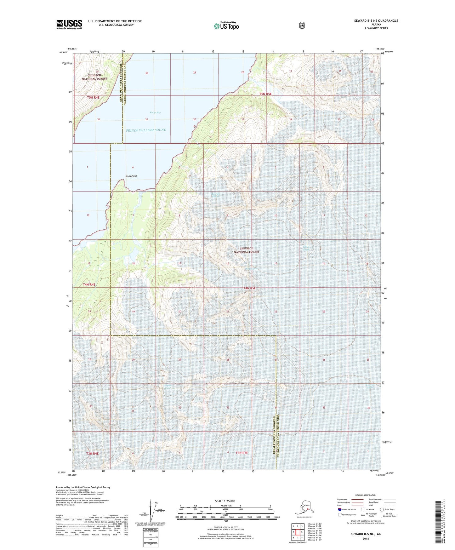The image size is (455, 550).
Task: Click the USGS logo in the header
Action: pyautogui.click(x=69, y=24)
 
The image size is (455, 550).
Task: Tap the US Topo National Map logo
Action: pyautogui.click(x=226, y=26)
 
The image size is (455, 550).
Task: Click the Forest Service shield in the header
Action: pyautogui.click(x=302, y=26)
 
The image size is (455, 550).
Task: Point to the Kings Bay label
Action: pyautogui.click(x=155, y=112)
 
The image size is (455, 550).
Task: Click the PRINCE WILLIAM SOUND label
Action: pyautogui.click(x=146, y=130)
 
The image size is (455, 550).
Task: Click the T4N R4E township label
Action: pyautogui.click(x=89, y=284)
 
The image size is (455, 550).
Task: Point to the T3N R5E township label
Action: pyautogui.click(x=242, y=453)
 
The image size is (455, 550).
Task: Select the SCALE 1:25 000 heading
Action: pyautogui.click(x=225, y=501)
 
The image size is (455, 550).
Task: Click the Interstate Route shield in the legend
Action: pyautogui.click(x=339, y=509)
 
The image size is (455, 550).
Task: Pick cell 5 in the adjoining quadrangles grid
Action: pyautogui.click(x=302, y=532)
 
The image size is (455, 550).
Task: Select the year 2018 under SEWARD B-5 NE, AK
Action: pyautogui.click(x=365, y=538)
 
